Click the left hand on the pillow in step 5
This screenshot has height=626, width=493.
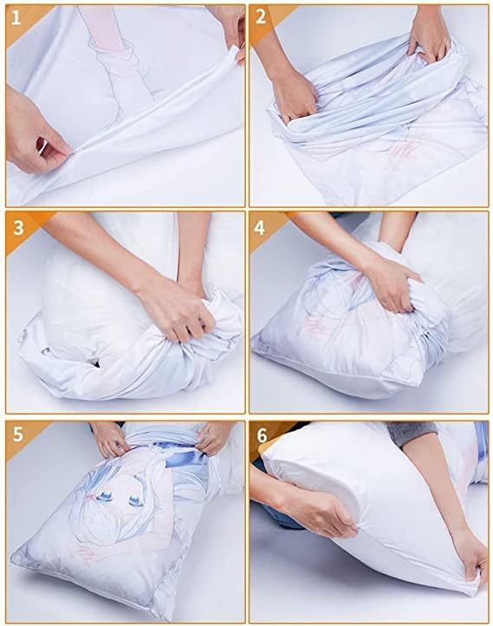(109, 438)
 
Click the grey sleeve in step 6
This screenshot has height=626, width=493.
(407, 433)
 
